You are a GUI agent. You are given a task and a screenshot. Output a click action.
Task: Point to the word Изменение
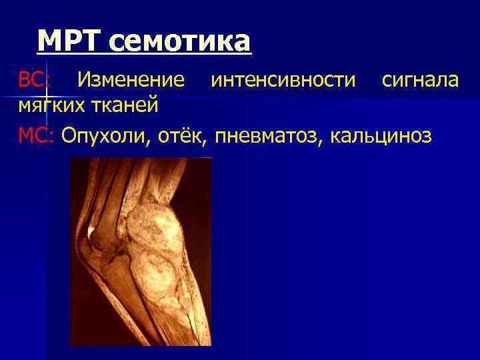[131, 81]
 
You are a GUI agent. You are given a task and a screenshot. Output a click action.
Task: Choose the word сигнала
[420, 81]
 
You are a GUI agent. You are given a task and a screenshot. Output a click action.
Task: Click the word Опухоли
[107, 135]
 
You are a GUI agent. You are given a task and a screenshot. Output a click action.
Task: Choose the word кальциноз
[379, 135]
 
